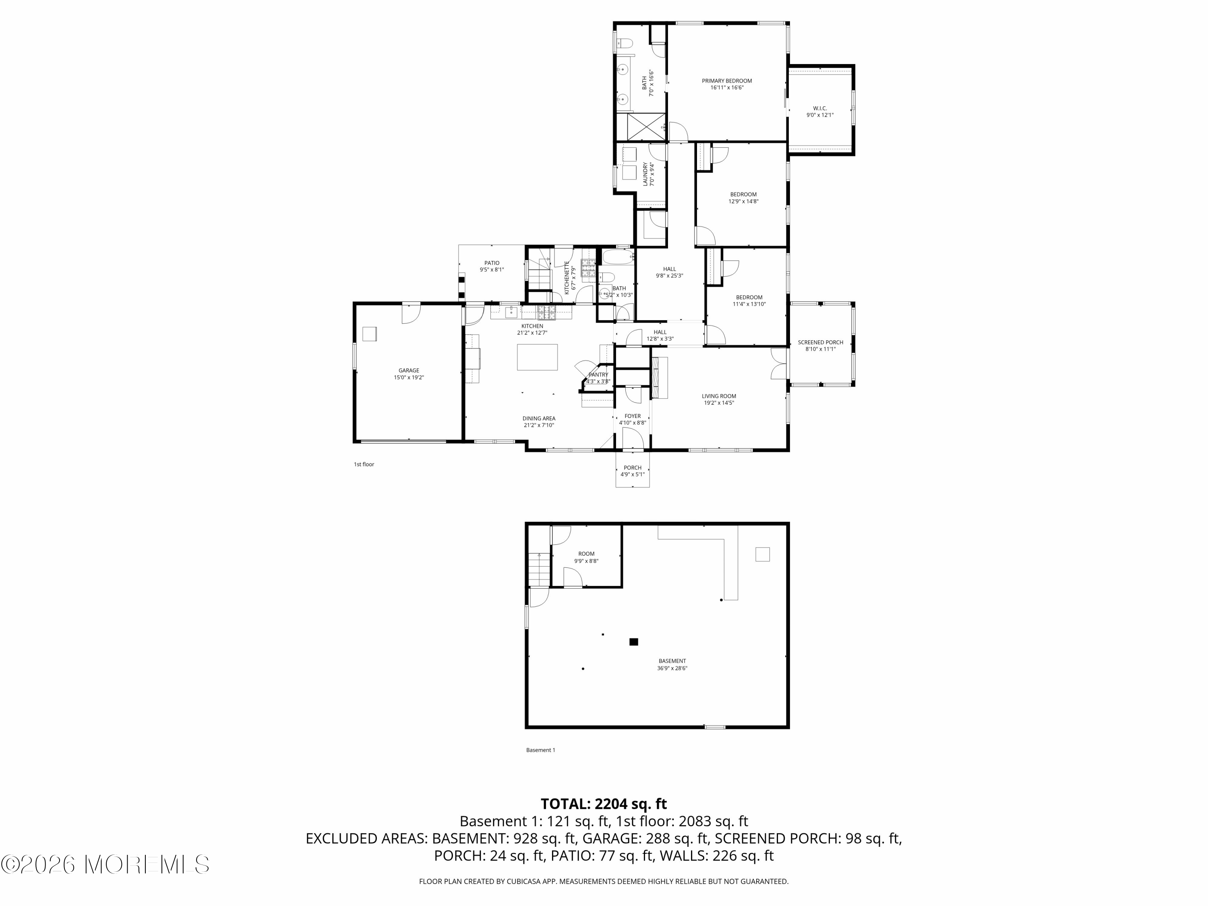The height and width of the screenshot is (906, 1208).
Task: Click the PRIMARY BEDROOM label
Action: (x=726, y=81)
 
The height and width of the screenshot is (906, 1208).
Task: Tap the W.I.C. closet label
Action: (x=820, y=109)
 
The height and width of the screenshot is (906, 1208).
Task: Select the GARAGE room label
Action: (x=408, y=370)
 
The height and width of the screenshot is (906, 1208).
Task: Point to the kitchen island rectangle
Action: (x=538, y=357)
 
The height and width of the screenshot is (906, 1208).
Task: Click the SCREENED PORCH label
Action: (x=820, y=342)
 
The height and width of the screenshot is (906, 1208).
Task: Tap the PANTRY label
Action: (x=598, y=374)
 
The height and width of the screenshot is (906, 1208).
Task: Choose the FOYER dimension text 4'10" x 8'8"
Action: (x=633, y=423)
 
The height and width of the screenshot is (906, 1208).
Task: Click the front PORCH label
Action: (x=633, y=467)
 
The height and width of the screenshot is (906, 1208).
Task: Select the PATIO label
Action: (x=492, y=263)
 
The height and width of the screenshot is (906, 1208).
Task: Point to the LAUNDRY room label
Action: (x=645, y=174)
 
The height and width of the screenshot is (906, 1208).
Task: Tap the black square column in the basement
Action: (x=633, y=642)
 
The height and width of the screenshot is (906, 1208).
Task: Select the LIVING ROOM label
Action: (x=719, y=396)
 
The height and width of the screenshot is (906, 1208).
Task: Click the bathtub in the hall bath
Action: (x=618, y=256)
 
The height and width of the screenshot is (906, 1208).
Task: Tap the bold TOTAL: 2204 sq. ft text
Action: (x=604, y=804)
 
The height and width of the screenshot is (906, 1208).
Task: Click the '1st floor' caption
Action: (x=364, y=464)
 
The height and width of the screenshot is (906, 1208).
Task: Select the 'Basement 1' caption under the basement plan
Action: (x=540, y=750)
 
